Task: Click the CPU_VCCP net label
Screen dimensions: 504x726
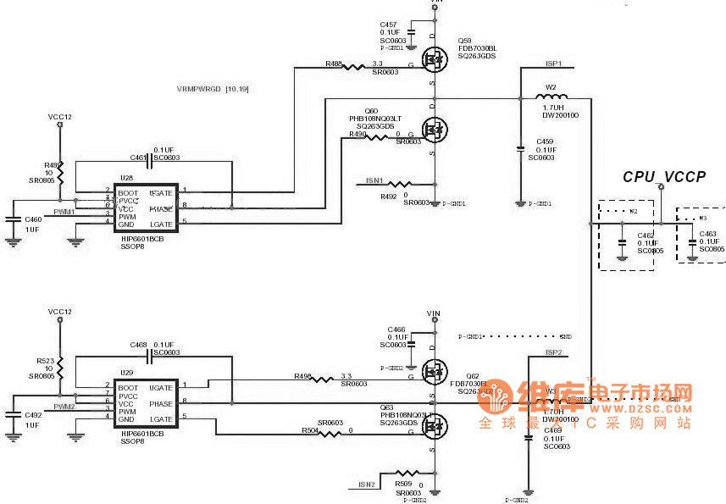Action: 664,177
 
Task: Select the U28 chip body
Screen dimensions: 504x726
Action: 145,208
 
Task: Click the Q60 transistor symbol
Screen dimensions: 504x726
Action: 435,130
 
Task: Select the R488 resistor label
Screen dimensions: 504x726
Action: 334,64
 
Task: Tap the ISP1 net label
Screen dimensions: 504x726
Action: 553,64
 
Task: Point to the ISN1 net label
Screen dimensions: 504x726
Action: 374,180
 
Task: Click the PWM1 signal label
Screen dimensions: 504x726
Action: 64,212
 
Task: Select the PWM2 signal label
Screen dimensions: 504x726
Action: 64,407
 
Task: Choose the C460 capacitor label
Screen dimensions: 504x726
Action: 33,219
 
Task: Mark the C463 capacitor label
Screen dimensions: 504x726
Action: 708,234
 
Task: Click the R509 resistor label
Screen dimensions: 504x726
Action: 403,484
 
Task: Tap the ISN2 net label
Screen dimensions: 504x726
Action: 366,485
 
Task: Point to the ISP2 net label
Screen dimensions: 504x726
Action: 554,352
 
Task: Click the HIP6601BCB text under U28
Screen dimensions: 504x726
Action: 142,240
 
